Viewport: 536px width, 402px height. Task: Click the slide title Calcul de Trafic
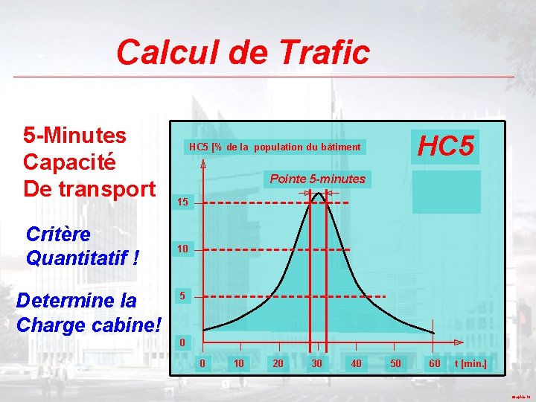[x=243, y=53]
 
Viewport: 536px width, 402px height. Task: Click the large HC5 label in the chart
[x=445, y=147]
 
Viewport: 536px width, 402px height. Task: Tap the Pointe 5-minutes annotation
[x=317, y=179]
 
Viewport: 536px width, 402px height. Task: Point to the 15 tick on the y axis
[x=182, y=202]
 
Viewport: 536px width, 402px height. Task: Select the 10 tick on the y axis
[x=182, y=249]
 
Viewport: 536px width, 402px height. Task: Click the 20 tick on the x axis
[x=278, y=363]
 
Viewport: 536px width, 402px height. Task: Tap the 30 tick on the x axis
[x=317, y=363]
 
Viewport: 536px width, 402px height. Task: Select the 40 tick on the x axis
[x=357, y=363]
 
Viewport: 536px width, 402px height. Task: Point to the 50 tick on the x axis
[x=396, y=363]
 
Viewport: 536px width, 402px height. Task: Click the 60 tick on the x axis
[x=435, y=363]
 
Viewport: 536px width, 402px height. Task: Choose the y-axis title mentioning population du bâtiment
[x=275, y=147]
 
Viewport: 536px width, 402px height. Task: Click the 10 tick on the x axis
[x=238, y=363]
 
